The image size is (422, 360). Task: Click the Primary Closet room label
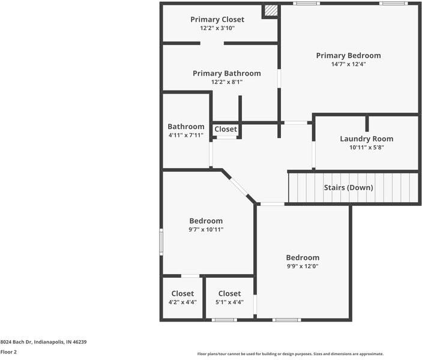tap(217, 19)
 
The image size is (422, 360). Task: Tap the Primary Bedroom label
tap(348, 56)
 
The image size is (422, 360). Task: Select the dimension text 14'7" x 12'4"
tap(348, 64)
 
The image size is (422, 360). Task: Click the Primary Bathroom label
tap(226, 73)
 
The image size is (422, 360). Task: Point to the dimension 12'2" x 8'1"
tap(226, 82)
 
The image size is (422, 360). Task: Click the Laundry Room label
tap(366, 139)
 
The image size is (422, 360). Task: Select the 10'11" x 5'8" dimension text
tap(366, 147)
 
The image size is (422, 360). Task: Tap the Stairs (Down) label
tap(348, 188)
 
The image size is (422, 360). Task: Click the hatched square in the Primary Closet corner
tap(271, 11)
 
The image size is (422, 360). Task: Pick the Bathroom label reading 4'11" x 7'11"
tap(185, 127)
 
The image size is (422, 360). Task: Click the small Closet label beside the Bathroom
tap(226, 129)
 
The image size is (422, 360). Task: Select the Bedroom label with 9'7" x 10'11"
tap(206, 221)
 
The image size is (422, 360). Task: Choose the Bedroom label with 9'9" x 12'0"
tap(303, 257)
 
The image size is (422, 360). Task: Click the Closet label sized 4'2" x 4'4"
tap(182, 293)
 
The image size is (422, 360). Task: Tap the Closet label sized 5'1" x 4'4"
tap(229, 293)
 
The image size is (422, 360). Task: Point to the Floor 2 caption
tap(8, 352)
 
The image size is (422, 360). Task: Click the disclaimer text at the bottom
tap(290, 354)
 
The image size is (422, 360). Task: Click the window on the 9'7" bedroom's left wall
tap(161, 241)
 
